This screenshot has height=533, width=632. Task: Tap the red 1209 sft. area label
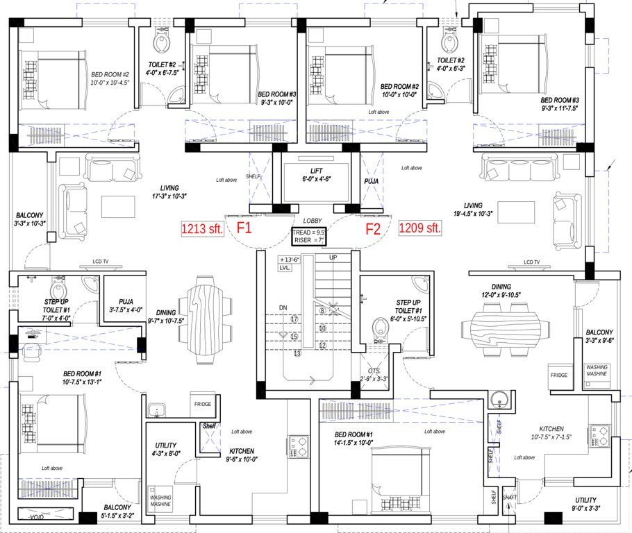420,228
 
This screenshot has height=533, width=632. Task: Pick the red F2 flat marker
374,228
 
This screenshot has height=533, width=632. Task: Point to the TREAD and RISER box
309,237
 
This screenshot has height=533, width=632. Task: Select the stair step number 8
322,311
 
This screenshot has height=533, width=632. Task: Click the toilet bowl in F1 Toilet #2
163,43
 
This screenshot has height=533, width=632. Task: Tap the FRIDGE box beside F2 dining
559,375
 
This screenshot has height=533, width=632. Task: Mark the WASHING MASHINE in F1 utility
160,501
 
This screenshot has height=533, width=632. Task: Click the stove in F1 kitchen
299,443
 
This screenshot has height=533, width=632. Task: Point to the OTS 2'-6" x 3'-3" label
374,374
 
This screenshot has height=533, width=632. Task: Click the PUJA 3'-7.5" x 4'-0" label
126,306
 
